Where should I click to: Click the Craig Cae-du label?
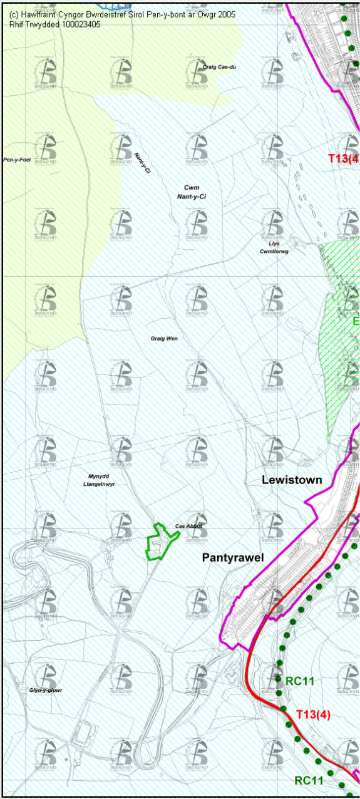[x=220, y=67]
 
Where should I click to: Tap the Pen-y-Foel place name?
[x=17, y=160]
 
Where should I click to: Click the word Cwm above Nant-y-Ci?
[x=192, y=187]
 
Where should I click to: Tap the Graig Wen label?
[x=164, y=338]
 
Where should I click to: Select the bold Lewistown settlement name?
[x=292, y=480]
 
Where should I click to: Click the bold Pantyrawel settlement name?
[x=233, y=557]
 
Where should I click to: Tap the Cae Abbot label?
[x=188, y=526]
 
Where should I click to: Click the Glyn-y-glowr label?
[x=46, y=690]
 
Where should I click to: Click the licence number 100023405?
[x=80, y=25]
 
